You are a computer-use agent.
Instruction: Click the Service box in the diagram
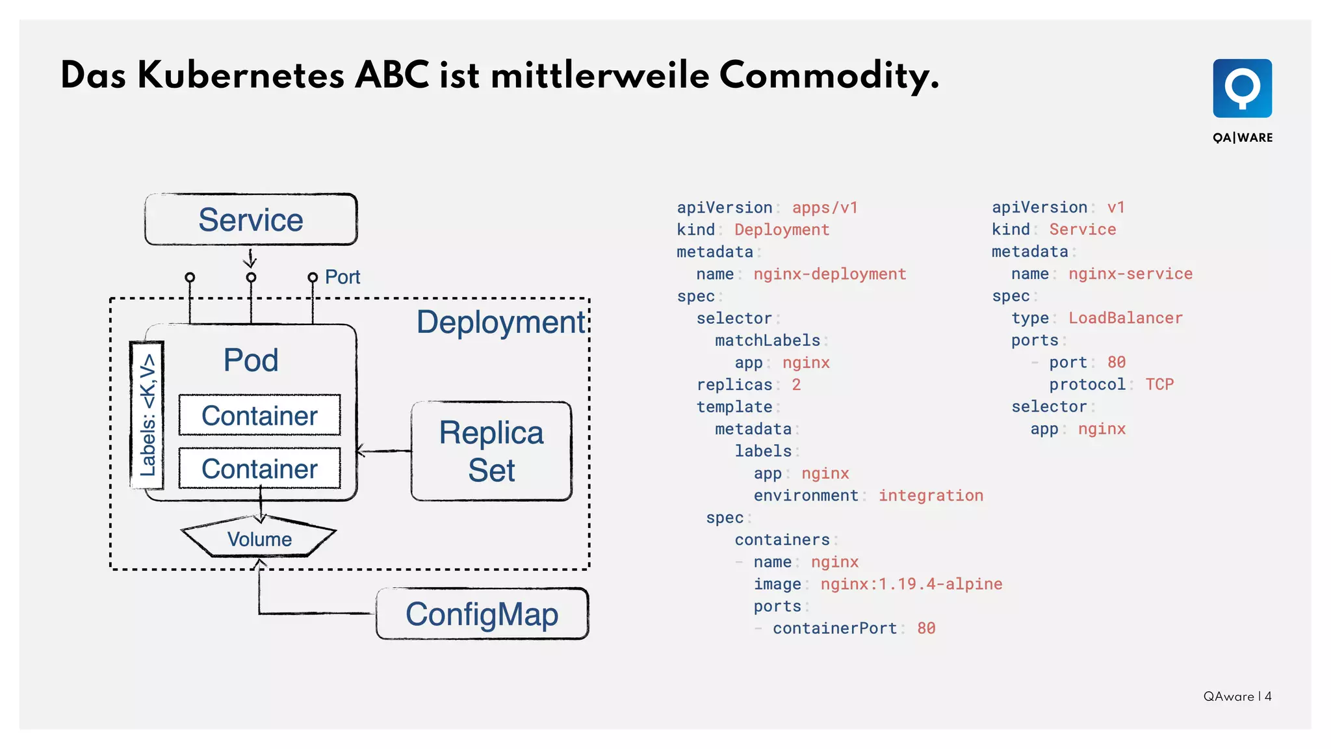tap(251, 220)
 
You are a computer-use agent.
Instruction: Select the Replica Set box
tap(491, 451)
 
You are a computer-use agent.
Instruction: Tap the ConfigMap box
tap(482, 614)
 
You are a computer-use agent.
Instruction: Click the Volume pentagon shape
tap(259, 539)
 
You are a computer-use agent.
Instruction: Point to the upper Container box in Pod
tap(259, 415)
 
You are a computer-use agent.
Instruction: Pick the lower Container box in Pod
tap(259, 469)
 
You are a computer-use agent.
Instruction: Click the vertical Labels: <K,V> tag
tap(148, 415)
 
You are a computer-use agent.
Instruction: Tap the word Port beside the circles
tap(342, 277)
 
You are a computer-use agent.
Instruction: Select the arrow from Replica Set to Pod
tap(384, 451)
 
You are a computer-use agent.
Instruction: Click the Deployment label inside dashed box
tap(500, 322)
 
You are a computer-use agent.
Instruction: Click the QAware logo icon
tap(1242, 88)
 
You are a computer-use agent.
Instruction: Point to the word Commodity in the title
tap(829, 76)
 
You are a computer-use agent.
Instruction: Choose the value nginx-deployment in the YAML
tap(829, 274)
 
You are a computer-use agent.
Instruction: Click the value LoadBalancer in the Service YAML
tap(1125, 318)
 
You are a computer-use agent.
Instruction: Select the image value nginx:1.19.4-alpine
tap(911, 584)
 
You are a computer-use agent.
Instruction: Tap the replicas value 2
tap(796, 385)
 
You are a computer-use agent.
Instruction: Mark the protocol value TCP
tap(1159, 384)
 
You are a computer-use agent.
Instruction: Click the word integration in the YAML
tap(931, 495)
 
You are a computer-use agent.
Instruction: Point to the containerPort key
tap(834, 628)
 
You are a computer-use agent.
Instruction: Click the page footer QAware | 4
tap(1237, 696)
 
